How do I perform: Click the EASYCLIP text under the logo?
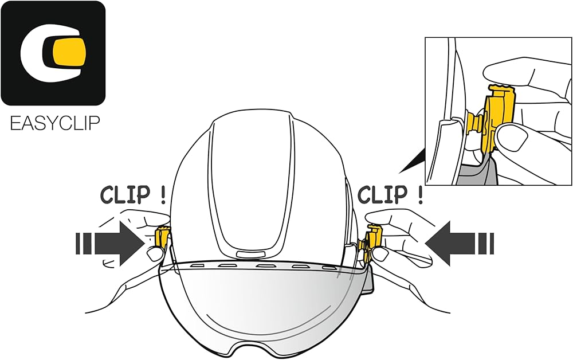click(x=55, y=123)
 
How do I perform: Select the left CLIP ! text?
click(x=134, y=195)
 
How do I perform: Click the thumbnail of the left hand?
click(x=153, y=252)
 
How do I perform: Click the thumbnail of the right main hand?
click(x=380, y=255)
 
